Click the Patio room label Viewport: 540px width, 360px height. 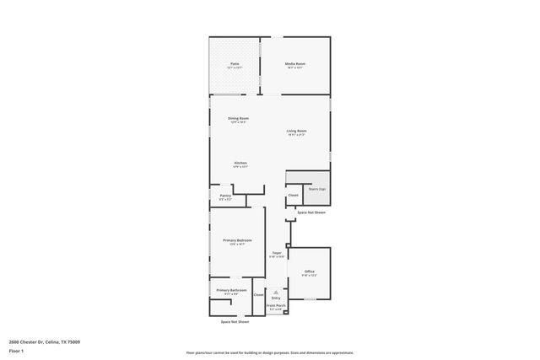coord(235,64)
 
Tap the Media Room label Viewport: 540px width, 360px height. coord(294,64)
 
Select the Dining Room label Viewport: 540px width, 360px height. coord(238,118)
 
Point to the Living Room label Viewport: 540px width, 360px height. coord(296,131)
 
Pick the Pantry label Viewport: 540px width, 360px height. coord(225,196)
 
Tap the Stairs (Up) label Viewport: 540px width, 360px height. coord(316,190)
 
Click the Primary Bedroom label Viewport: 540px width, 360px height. coord(237,240)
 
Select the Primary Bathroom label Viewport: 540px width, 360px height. coord(231,290)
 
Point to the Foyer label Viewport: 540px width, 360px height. coord(276,253)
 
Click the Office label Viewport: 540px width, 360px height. coord(309,271)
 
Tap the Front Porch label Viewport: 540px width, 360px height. coord(276,305)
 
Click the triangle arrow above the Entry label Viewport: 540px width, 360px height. coord(276,292)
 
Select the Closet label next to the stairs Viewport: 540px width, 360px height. coord(293,196)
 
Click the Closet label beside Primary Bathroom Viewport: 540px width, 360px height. coord(258,294)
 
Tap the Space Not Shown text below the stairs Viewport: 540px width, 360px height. coord(310,212)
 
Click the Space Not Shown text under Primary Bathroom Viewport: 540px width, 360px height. coord(235,322)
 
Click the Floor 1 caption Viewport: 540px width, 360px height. coord(16,350)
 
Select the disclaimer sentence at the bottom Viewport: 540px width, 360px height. coord(269,353)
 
